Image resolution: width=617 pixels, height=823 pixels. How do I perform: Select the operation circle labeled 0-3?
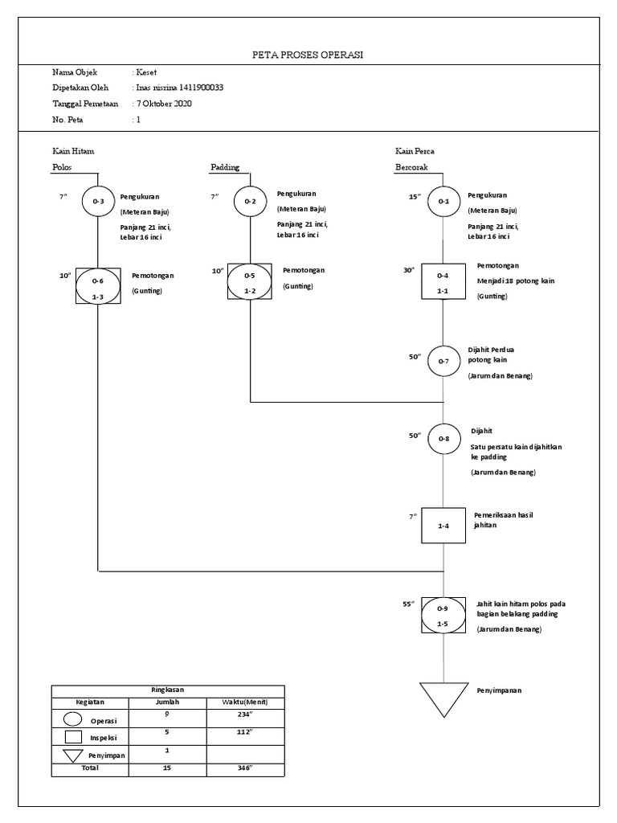click(98, 202)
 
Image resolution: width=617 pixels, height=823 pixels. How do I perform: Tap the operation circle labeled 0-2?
click(250, 202)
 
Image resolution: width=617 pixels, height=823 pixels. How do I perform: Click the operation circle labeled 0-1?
click(443, 202)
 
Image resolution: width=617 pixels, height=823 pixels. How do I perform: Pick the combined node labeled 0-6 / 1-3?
click(98, 285)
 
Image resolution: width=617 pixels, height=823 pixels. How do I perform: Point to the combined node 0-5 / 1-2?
click(250, 282)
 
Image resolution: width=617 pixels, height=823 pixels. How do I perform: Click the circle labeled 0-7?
click(443, 362)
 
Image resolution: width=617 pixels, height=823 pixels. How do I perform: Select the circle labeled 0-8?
click(443, 439)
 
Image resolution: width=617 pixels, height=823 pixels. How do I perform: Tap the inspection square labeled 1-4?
click(443, 526)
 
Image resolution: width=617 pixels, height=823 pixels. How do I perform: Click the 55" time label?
click(408, 603)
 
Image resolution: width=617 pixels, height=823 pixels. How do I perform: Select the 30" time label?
click(408, 271)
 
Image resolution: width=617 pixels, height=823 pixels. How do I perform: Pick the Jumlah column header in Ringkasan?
click(167, 702)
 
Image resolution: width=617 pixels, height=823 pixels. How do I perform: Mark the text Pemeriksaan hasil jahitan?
click(504, 519)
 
